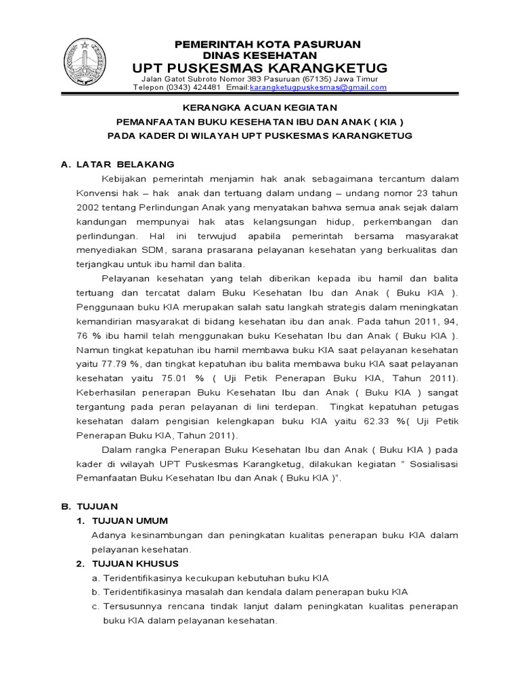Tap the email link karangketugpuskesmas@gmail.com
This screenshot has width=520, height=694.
point(318,87)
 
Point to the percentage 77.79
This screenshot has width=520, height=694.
point(100,364)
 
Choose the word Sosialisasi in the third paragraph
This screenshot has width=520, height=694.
point(431,464)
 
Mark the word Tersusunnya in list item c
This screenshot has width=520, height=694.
point(131,606)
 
